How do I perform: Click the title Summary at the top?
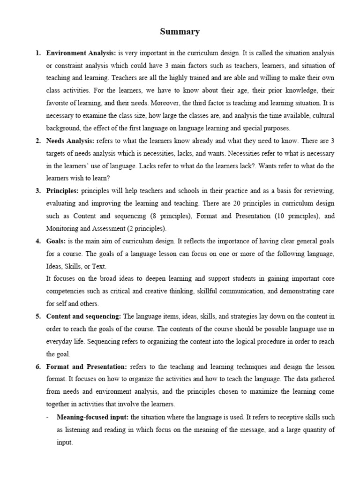[180, 32]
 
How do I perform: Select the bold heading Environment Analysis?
[81, 53]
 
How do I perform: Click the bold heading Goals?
[57, 241]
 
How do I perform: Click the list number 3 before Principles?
[38, 191]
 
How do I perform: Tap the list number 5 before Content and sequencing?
[38, 316]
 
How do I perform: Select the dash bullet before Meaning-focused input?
[48, 417]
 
